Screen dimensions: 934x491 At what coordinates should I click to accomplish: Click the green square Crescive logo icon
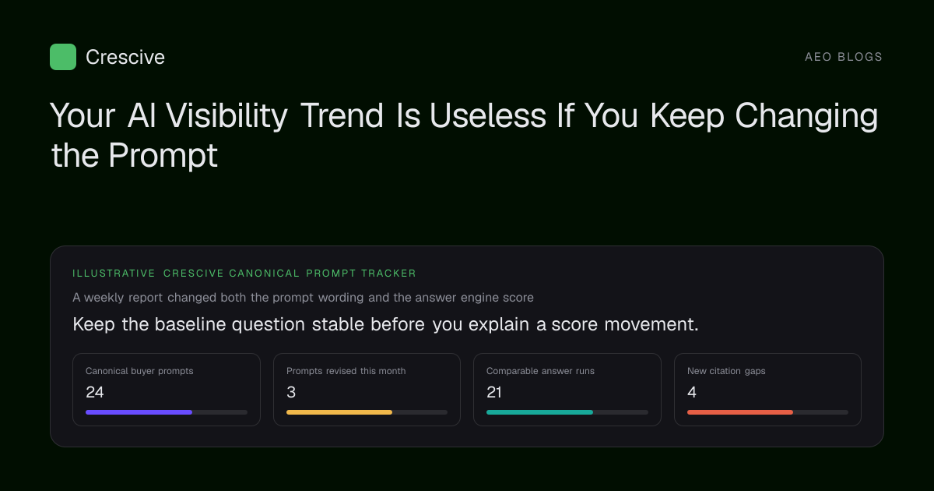[x=63, y=57]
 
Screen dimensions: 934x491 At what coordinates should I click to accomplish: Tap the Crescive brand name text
[x=125, y=57]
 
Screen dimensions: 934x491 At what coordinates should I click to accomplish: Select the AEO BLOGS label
[x=843, y=57]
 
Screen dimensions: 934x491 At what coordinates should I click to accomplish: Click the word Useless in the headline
[x=488, y=115]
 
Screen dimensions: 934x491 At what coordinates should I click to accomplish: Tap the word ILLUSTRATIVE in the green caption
[x=114, y=274]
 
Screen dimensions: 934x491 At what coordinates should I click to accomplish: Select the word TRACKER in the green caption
[x=388, y=274]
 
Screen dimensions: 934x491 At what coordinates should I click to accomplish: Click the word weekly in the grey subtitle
[x=104, y=298]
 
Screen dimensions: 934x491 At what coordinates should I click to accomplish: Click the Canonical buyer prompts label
[x=139, y=371]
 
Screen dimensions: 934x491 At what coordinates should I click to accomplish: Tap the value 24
[x=95, y=392]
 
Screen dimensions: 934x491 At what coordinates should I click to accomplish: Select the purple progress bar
[x=139, y=412]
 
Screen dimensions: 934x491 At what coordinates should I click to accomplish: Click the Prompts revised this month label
[x=346, y=371]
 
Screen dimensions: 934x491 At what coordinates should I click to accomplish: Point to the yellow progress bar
[x=339, y=412]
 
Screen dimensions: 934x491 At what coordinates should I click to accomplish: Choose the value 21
[x=494, y=392]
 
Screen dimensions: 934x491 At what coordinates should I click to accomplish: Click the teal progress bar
[x=539, y=412]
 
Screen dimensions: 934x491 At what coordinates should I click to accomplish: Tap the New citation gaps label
[x=726, y=371]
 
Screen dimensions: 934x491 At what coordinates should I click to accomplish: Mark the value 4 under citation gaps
[x=692, y=392]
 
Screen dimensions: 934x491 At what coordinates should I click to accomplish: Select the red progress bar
[x=740, y=412]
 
